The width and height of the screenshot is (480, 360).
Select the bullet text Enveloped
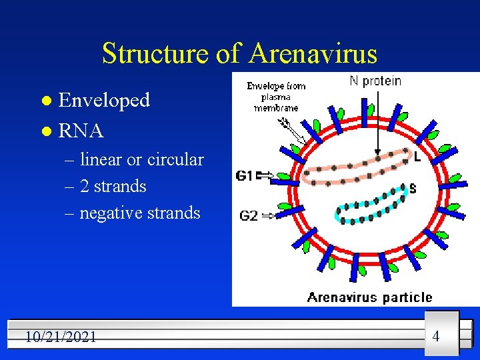click(x=104, y=100)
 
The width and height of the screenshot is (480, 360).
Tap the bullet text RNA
click(x=81, y=131)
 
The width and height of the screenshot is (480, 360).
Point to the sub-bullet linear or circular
click(x=141, y=159)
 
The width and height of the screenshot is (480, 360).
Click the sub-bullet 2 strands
click(x=113, y=186)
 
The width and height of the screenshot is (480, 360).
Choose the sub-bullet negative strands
click(x=139, y=213)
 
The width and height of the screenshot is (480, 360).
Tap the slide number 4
click(x=436, y=336)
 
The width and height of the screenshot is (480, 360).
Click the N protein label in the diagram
click(x=375, y=81)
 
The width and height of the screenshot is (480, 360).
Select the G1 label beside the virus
click(x=245, y=176)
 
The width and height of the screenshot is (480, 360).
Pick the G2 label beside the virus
click(x=248, y=215)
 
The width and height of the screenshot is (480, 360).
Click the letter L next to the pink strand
click(x=417, y=158)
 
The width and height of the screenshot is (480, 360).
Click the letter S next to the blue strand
click(x=413, y=189)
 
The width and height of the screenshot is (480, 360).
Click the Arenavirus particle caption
click(x=369, y=297)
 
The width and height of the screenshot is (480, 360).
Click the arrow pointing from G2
click(x=269, y=215)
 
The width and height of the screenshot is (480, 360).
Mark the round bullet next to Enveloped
click(x=45, y=101)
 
